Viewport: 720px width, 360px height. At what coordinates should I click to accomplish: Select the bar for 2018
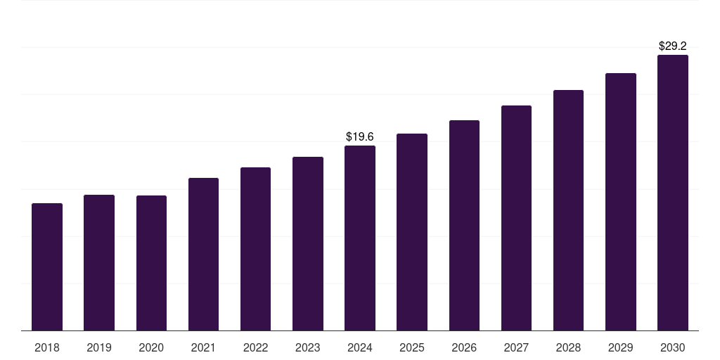click(47, 267)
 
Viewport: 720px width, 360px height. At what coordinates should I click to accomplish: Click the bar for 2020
click(151, 263)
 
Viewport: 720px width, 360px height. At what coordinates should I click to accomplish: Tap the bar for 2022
click(255, 249)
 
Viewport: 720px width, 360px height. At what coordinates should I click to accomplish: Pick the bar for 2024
click(360, 238)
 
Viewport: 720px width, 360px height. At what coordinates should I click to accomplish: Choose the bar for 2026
click(464, 226)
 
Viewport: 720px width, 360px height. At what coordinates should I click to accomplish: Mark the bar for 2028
click(568, 210)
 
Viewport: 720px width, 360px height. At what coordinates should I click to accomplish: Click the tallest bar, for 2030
click(673, 193)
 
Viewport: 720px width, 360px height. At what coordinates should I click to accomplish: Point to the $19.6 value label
click(360, 136)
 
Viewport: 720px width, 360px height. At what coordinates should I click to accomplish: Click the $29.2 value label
click(673, 46)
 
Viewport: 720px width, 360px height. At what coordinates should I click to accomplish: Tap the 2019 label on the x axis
click(99, 347)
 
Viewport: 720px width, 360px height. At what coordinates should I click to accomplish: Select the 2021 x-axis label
click(203, 347)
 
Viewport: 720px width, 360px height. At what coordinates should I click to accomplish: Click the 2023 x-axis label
click(307, 347)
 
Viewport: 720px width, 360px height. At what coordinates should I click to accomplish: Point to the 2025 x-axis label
click(412, 347)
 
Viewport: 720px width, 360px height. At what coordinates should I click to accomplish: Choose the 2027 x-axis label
click(516, 347)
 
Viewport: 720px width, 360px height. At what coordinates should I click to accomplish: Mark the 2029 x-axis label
click(620, 347)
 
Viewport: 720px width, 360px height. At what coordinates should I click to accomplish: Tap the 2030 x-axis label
click(673, 347)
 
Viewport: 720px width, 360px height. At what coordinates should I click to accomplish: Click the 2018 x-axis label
click(47, 347)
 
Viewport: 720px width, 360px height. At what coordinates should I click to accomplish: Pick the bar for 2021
click(203, 255)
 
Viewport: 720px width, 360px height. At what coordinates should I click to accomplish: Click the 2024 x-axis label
click(360, 347)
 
